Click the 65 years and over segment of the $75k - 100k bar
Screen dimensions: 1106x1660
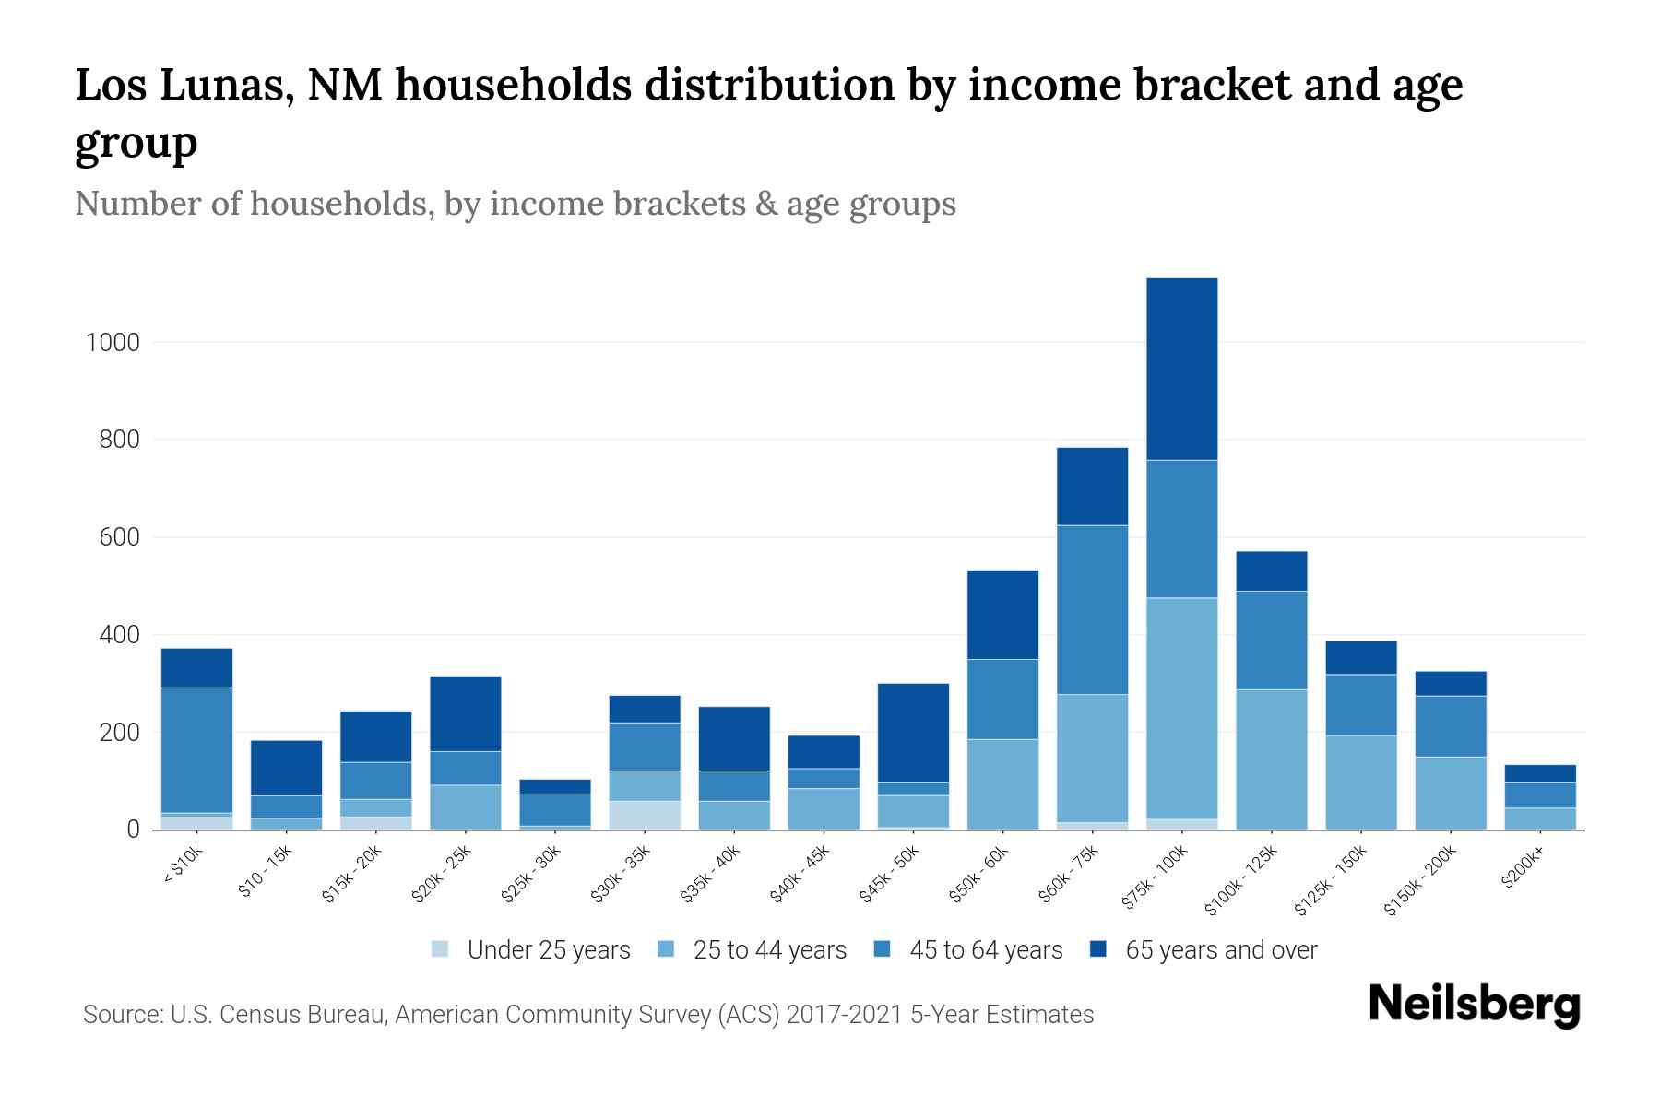(x=1182, y=369)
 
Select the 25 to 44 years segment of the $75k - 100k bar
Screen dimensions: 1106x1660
(x=1182, y=708)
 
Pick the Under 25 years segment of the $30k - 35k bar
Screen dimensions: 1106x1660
(x=645, y=815)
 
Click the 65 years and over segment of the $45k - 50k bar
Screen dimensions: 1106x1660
(x=913, y=733)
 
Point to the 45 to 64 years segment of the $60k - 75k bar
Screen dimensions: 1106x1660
(x=1093, y=609)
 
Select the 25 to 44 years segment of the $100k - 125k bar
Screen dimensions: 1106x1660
(x=1272, y=759)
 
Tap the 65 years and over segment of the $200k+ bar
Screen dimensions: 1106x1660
(x=1540, y=773)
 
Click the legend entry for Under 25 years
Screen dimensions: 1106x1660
(x=548, y=950)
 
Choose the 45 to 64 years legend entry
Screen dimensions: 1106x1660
(x=985, y=950)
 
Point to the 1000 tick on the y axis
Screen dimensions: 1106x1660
(x=113, y=343)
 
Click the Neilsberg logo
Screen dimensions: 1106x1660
(x=1474, y=1005)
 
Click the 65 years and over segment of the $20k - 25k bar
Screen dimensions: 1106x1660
(x=466, y=713)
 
